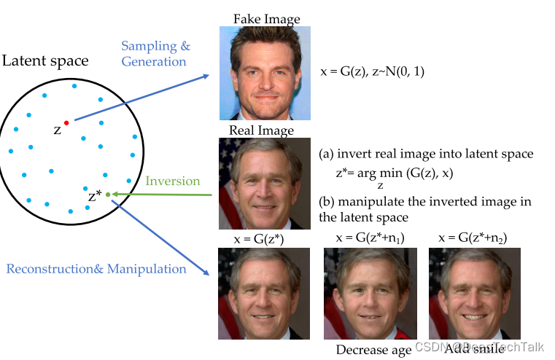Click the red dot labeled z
[66, 122]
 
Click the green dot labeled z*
[108, 194]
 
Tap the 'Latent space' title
[44, 60]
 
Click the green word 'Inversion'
[173, 180]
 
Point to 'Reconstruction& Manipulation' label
[96, 269]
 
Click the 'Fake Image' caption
[266, 19]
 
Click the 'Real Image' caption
[261, 130]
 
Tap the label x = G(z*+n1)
[370, 238]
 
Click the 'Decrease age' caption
[373, 350]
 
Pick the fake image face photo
[265, 73]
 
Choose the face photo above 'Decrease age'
[370, 293]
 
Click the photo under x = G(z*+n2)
[476, 293]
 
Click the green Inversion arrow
[164, 195]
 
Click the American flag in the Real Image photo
[228, 168]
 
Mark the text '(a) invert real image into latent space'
[426, 154]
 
